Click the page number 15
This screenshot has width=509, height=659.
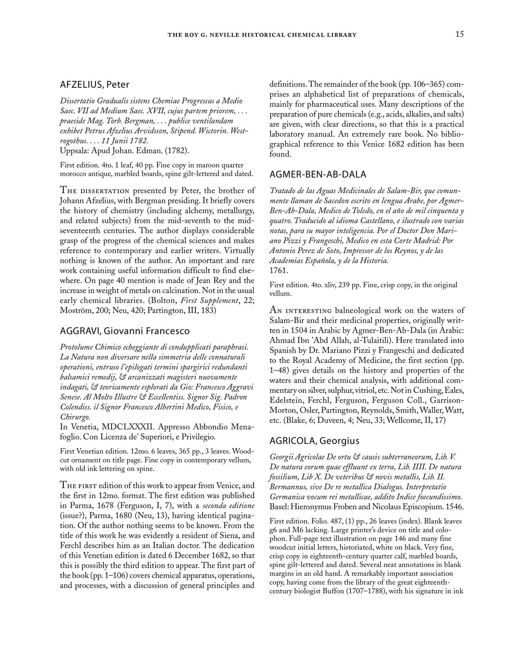pyautogui.click(x=460, y=34)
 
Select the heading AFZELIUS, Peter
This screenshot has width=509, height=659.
pyautogui.click(x=95, y=84)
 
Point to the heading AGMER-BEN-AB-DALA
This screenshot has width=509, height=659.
pyautogui.click(x=318, y=174)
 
